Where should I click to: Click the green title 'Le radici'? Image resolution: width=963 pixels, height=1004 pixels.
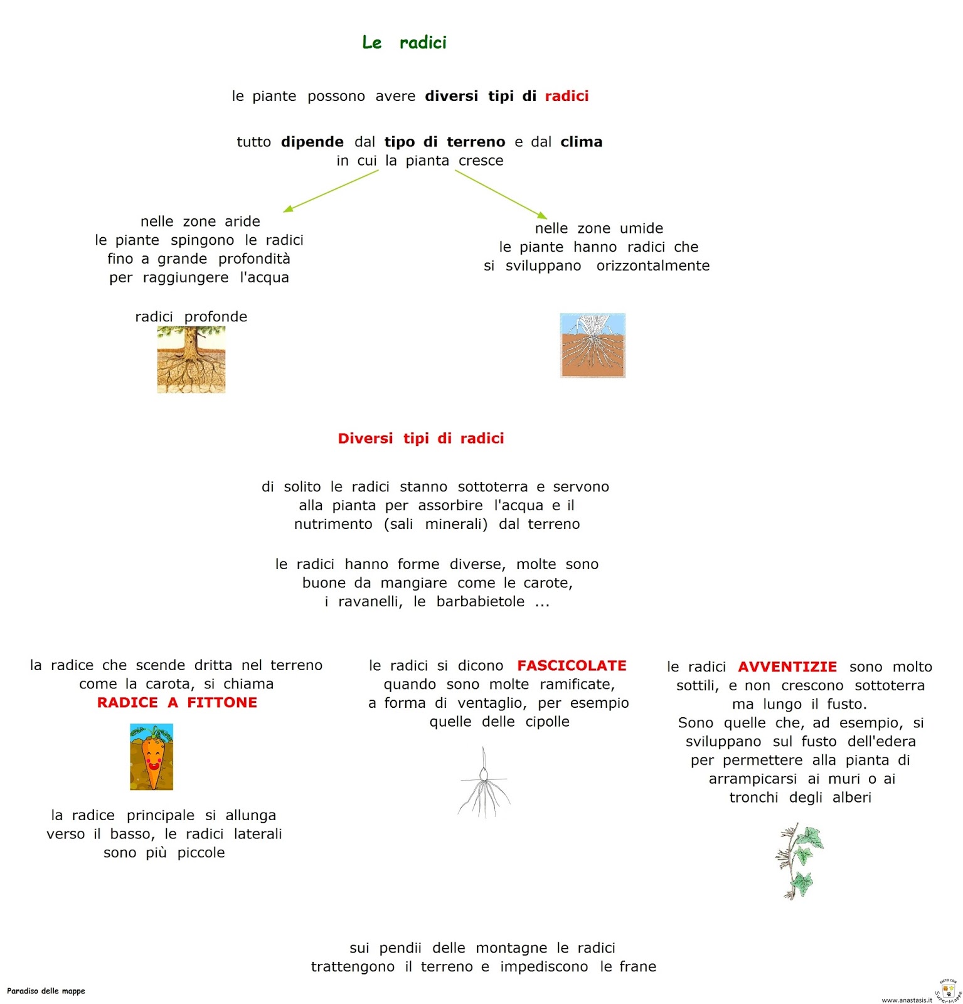pos(404,43)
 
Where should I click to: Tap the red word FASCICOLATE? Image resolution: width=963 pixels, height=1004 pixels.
pos(572,665)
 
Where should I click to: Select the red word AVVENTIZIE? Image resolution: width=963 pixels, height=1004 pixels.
pos(787,666)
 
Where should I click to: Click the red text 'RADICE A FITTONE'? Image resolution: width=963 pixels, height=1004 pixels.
pos(177,702)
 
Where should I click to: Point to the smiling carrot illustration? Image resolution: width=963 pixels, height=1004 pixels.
pos(152,757)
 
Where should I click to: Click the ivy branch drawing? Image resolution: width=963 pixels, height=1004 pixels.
pos(799,862)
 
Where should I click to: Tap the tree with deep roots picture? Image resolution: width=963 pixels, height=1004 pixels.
pos(191,360)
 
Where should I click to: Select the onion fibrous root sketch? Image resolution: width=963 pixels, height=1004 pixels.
pos(484,782)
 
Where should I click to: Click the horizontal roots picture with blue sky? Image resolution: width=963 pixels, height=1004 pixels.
pos(593,345)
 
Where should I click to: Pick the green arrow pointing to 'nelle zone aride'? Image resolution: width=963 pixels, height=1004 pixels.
pos(330,191)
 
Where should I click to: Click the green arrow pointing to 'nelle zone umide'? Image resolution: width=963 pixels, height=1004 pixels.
pos(501,195)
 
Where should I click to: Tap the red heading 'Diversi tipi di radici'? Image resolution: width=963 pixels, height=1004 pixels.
pos(421,438)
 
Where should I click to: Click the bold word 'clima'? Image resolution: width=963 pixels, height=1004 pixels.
pos(582,142)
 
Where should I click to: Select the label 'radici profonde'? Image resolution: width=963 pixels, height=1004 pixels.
pos(191,316)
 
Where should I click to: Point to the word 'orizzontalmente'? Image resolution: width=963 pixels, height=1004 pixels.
pos(653,265)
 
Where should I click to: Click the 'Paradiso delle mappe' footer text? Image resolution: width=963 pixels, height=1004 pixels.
pos(46,991)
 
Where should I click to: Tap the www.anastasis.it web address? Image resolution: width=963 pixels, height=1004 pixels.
pos(907,1000)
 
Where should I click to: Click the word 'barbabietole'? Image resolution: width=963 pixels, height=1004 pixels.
pos(481,601)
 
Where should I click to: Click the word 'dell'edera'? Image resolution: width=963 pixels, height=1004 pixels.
pos(881,741)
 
